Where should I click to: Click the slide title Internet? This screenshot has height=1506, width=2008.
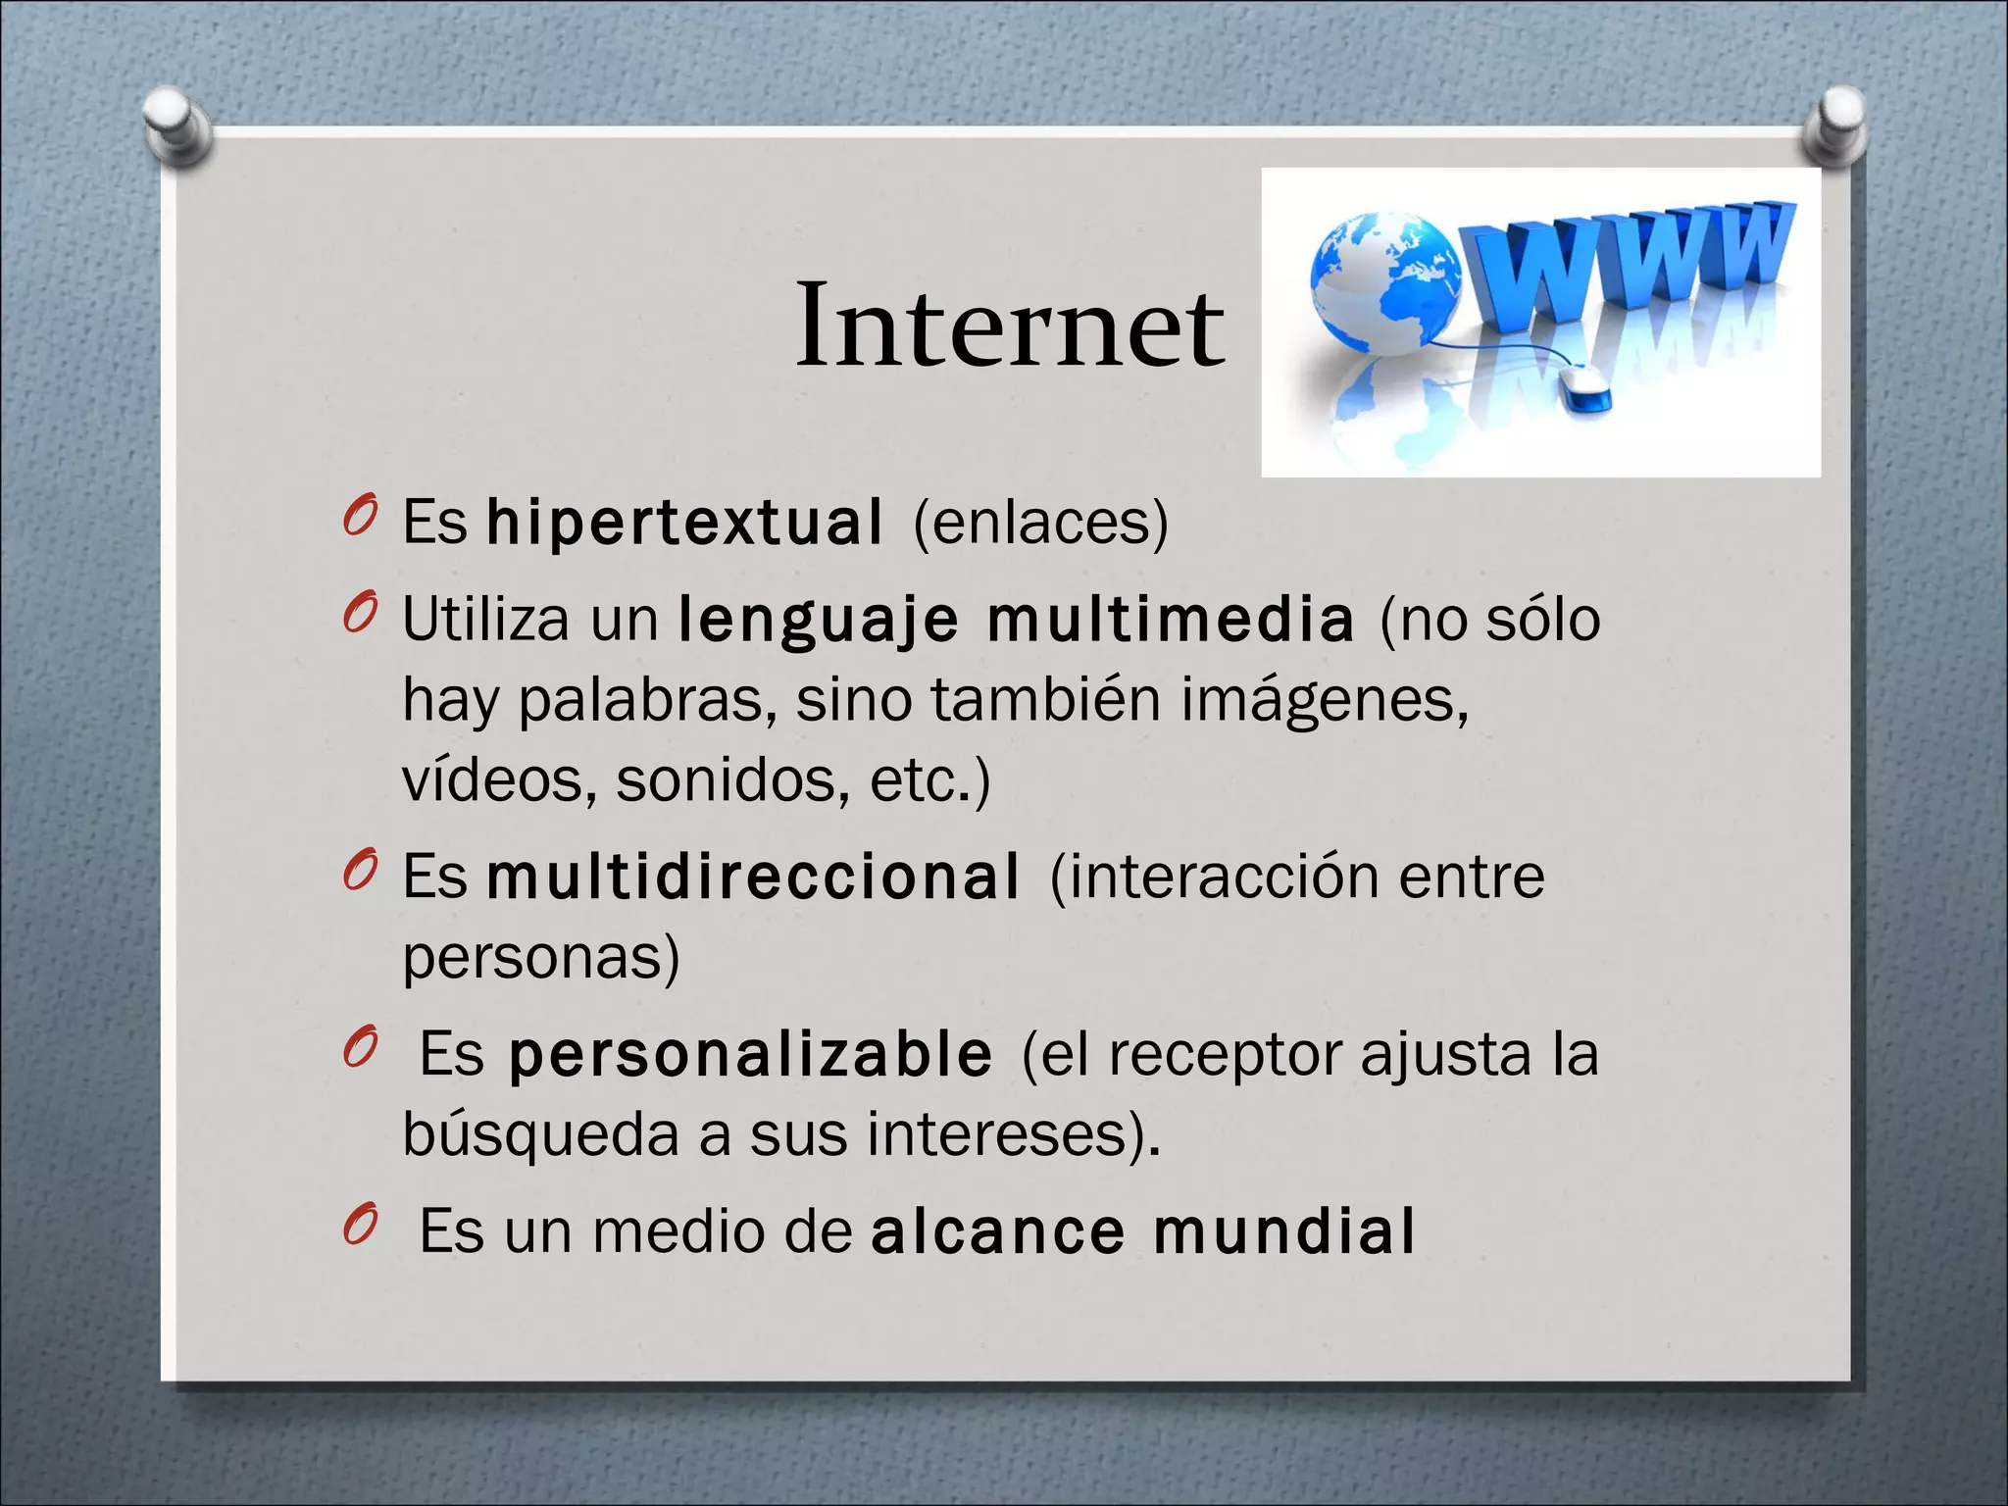point(1010,326)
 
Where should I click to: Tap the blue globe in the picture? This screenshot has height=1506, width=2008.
point(1383,284)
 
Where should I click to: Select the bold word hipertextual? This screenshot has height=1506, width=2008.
point(684,522)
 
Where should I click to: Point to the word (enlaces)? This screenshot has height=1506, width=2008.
point(1040,522)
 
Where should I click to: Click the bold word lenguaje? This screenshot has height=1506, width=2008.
point(819,621)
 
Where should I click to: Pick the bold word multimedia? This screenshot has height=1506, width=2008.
point(1171,621)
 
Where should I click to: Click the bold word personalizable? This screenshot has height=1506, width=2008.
point(750,1054)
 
